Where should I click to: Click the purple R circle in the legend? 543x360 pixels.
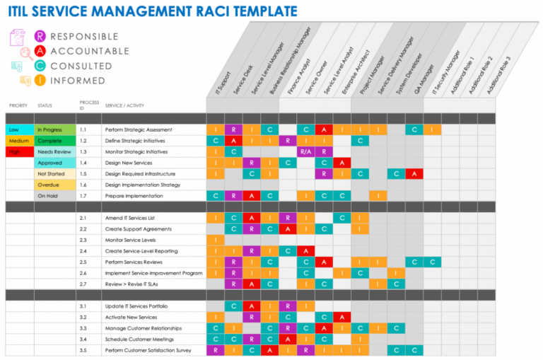pyautogui.click(x=40, y=36)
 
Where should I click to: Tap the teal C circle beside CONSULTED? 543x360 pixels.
pyautogui.click(x=40, y=66)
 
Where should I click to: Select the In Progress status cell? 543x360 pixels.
pyautogui.click(x=54, y=130)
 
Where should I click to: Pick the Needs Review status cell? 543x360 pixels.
pyautogui.click(x=54, y=152)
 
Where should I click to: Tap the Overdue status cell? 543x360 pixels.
pyautogui.click(x=54, y=185)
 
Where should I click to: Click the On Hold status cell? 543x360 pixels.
pyautogui.click(x=54, y=196)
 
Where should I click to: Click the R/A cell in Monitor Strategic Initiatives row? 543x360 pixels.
pyautogui.click(x=305, y=152)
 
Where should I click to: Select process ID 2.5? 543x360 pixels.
pyautogui.click(x=83, y=262)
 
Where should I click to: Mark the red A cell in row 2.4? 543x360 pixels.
pyautogui.click(x=305, y=251)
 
